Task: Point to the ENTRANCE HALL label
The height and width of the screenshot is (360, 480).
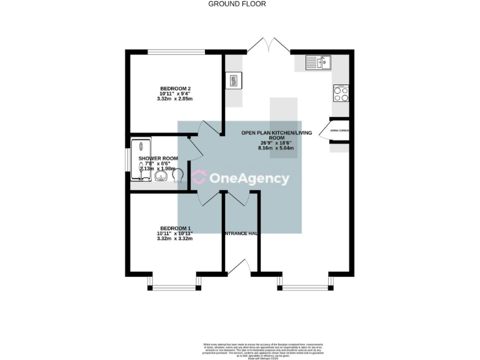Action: coord(241,233)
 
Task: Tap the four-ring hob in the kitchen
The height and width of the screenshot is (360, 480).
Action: coord(342,94)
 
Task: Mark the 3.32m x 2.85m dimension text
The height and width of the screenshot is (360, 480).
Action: coord(174,99)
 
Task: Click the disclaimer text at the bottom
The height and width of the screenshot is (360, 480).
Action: coord(262,350)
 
